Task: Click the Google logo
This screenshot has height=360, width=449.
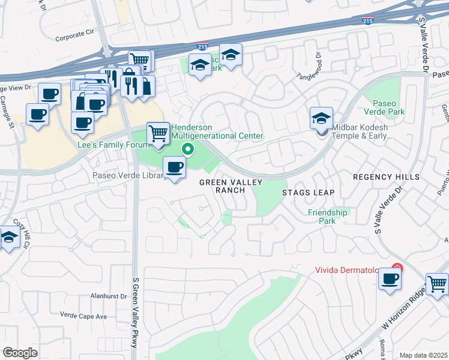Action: pos(20,352)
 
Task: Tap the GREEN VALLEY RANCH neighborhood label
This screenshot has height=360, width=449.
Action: pos(222,185)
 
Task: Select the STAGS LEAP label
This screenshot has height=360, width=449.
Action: pos(308,193)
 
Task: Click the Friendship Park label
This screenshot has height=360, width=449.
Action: pos(327,217)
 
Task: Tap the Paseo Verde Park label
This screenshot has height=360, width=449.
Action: pos(384,107)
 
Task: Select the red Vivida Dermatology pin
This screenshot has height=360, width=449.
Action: pos(396,268)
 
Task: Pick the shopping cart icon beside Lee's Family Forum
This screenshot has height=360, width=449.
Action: pos(158,133)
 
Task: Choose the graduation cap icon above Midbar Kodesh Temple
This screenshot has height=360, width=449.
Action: pos(322,118)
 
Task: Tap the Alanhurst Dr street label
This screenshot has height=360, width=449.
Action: pos(91,295)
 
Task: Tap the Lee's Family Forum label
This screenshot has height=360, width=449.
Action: pos(113,145)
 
